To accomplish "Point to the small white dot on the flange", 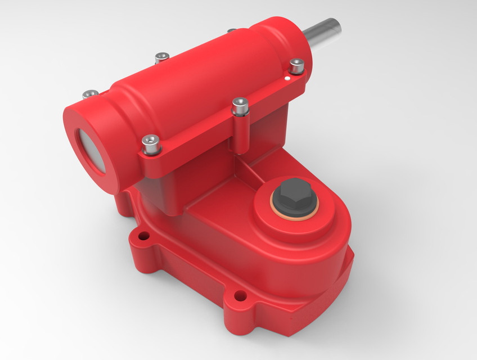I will (x=287, y=80).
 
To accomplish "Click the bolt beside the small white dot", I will (x=296, y=66).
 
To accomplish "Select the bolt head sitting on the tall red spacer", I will (x=240, y=105).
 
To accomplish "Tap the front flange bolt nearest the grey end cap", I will (x=151, y=143).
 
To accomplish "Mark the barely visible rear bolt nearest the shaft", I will (x=231, y=30).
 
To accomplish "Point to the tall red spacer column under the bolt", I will (x=241, y=135).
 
